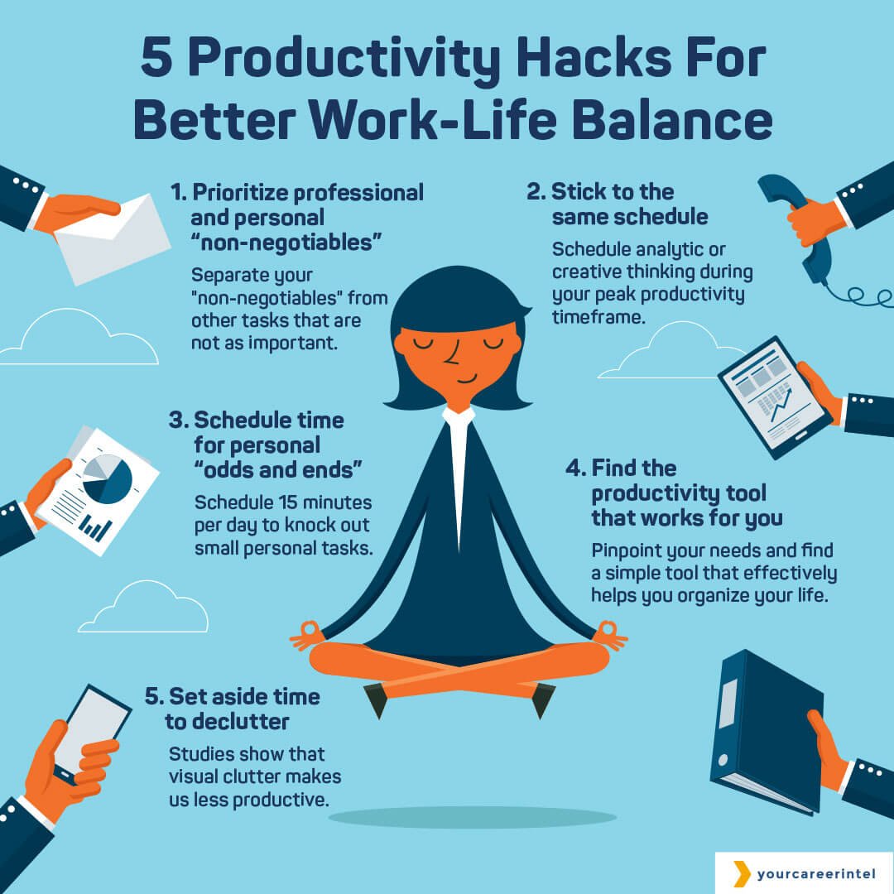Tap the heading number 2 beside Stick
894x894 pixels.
click(535, 192)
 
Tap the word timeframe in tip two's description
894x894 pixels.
click(598, 317)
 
